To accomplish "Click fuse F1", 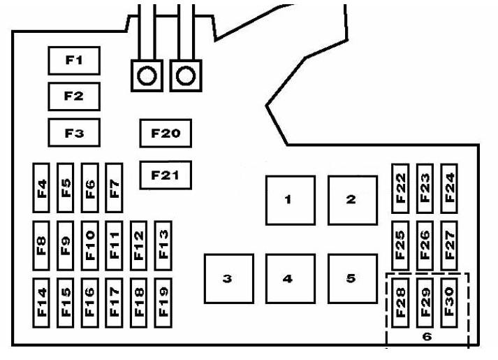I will click(73, 61).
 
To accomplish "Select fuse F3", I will click(73, 132).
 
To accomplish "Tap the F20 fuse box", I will click(166, 133).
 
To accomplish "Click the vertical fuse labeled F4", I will click(43, 188).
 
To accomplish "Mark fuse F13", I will click(163, 242).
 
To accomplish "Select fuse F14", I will click(43, 301).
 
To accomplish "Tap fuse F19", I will click(163, 301).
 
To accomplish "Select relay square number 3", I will click(227, 278).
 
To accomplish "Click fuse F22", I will click(400, 187).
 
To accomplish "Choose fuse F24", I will click(448, 187).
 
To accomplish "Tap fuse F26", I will click(425, 245).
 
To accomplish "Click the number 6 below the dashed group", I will click(426, 336).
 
